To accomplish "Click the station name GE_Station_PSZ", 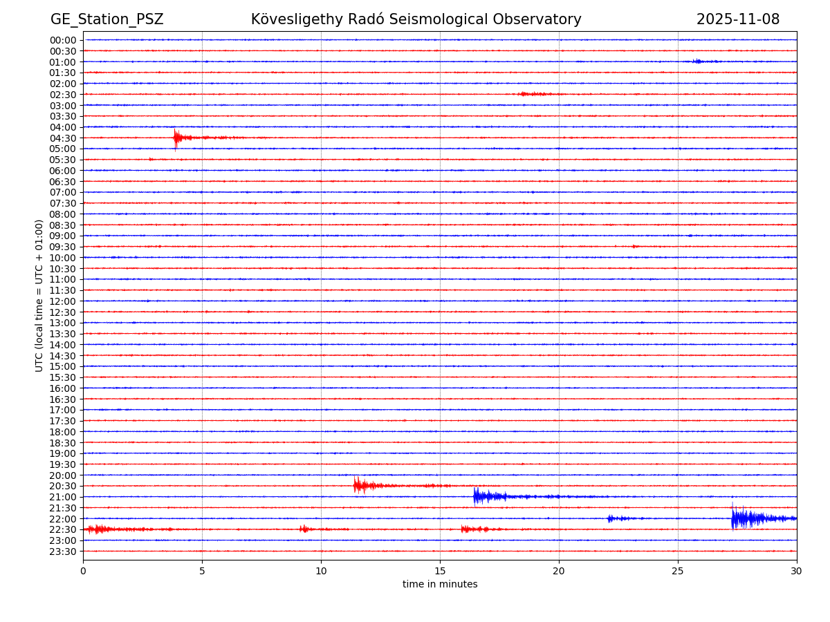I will pyautogui.click(x=107, y=19).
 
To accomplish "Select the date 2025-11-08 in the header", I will pyautogui.click(x=737, y=19).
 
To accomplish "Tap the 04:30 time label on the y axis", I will pyautogui.click(x=63, y=138).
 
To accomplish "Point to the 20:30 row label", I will pyautogui.click(x=63, y=487).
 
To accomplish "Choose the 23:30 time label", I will pyautogui.click(x=63, y=552).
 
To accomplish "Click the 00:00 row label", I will pyautogui.click(x=63, y=40).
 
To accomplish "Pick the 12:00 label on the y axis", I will pyautogui.click(x=63, y=301).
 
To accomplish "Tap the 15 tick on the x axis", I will pyautogui.click(x=440, y=572).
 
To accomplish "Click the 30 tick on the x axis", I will pyautogui.click(x=797, y=572).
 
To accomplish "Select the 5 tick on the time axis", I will pyautogui.click(x=202, y=572).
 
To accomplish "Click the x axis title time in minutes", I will pyautogui.click(x=440, y=585).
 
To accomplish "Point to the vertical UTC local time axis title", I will pyautogui.click(x=39, y=295).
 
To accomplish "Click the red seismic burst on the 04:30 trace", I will pyautogui.click(x=178, y=138).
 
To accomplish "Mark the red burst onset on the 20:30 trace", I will pyautogui.click(x=356, y=486).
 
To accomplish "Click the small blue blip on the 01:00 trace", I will pyautogui.click(x=698, y=62).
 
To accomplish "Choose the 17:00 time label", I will pyautogui.click(x=63, y=410).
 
